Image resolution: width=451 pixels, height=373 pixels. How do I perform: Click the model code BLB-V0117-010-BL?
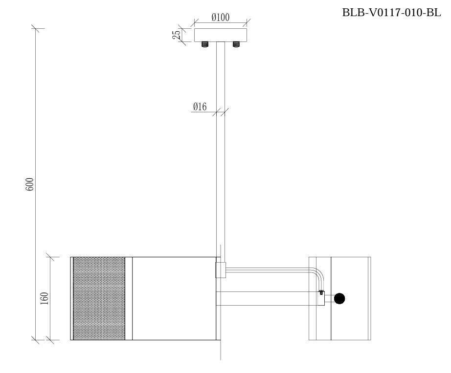tap(391, 13)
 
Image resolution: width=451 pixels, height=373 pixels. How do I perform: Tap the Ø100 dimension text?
tap(221, 17)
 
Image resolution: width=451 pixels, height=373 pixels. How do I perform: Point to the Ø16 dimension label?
tap(200, 107)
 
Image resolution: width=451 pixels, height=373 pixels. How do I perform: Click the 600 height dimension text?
tap(30, 184)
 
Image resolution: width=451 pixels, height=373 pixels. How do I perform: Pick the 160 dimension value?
tap(44, 298)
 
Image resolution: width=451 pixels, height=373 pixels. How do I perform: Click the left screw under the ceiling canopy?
tap(205, 44)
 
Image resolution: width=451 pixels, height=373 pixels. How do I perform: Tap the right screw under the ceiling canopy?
tap(236, 44)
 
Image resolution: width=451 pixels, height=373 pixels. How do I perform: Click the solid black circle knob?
tap(339, 298)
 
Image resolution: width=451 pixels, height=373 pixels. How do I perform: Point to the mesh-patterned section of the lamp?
tap(99, 298)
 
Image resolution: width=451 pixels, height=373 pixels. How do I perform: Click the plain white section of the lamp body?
tap(174, 298)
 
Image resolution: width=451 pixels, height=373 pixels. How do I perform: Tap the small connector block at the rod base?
tap(221, 269)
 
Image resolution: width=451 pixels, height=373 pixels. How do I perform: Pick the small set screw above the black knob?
tap(321, 292)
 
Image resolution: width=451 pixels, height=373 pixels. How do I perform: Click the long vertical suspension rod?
tap(221, 146)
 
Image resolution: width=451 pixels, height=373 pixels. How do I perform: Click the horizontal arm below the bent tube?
tap(269, 298)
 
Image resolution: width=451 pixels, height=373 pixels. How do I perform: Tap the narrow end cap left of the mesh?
tap(72, 298)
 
